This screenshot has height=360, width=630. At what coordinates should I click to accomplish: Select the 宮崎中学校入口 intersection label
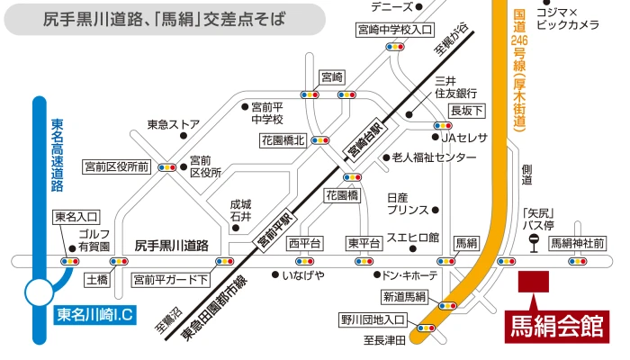(x=394, y=29)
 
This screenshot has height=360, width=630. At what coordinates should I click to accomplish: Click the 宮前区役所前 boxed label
(x=116, y=166)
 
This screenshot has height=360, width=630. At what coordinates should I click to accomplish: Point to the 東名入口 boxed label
(x=76, y=216)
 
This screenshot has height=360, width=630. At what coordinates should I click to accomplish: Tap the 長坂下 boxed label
(x=467, y=110)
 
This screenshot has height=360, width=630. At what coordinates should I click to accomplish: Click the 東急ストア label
(x=173, y=124)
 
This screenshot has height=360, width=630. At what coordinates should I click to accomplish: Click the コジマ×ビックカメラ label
(x=566, y=18)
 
